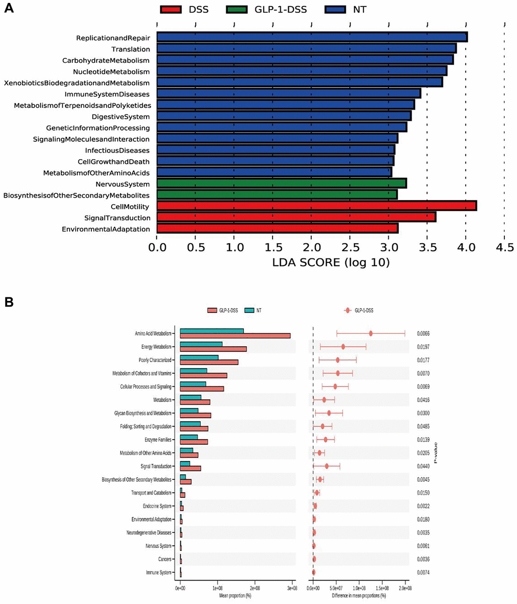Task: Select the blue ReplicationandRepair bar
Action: [312, 37]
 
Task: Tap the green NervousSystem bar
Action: [281, 183]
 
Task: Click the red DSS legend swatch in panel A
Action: [175, 9]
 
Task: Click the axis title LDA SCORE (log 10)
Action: [330, 262]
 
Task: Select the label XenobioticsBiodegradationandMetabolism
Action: [77, 83]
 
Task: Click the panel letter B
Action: [9, 302]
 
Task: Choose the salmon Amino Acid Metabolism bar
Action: [235, 335]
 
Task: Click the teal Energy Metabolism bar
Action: [201, 344]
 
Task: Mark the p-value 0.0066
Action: [423, 333]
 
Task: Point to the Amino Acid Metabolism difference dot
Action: [371, 333]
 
